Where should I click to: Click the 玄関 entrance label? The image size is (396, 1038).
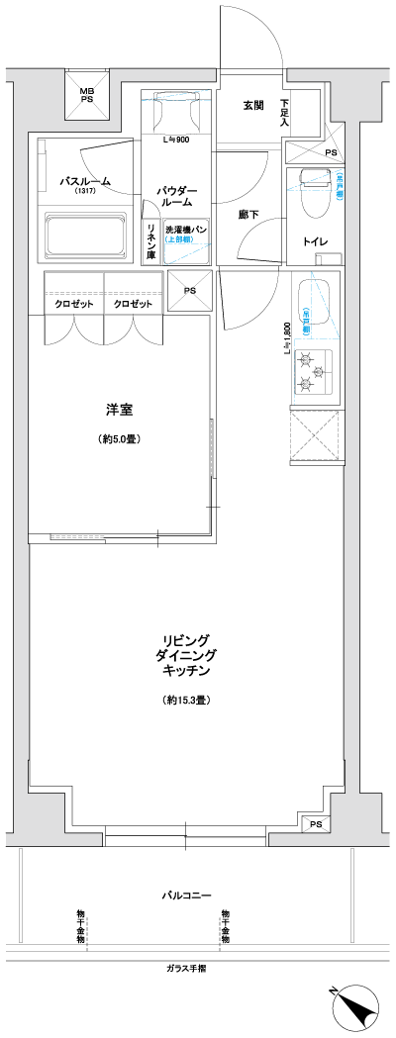tap(253, 106)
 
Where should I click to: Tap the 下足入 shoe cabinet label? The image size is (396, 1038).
tap(285, 113)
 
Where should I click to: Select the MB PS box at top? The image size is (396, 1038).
tap(87, 95)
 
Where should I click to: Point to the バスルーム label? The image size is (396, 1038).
tap(85, 182)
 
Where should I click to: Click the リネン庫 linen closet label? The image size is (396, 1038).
tap(151, 243)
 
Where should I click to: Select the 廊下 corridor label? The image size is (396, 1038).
tap(249, 214)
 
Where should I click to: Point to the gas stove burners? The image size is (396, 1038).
tap(315, 368)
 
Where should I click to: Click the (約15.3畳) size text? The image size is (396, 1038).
tap(185, 701)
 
